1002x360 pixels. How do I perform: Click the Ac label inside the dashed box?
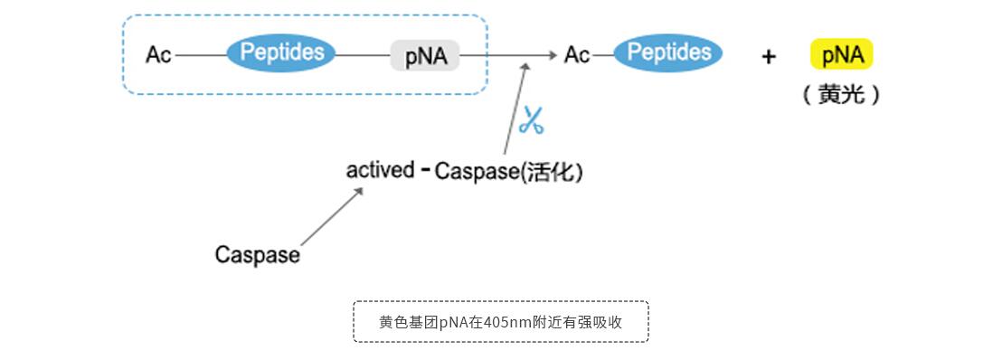[158, 55]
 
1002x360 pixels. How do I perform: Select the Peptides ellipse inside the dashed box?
[281, 53]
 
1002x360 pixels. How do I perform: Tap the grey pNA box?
[425, 56]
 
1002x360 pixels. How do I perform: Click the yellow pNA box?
[842, 55]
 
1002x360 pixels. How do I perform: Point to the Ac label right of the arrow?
[577, 55]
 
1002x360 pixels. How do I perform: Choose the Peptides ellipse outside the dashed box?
[668, 53]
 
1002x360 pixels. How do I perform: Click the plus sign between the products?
[769, 57]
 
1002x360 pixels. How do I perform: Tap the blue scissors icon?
[532, 120]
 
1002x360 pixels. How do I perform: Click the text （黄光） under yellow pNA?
[841, 94]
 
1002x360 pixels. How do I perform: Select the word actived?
[380, 170]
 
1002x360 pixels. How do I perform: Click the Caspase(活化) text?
[508, 172]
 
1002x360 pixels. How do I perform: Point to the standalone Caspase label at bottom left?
[257, 255]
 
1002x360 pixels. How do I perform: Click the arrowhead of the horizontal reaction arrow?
[552, 55]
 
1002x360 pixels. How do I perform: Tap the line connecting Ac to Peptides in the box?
[201, 55]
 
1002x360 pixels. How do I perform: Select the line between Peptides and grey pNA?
[363, 55]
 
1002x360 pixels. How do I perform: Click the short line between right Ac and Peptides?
[602, 55]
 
